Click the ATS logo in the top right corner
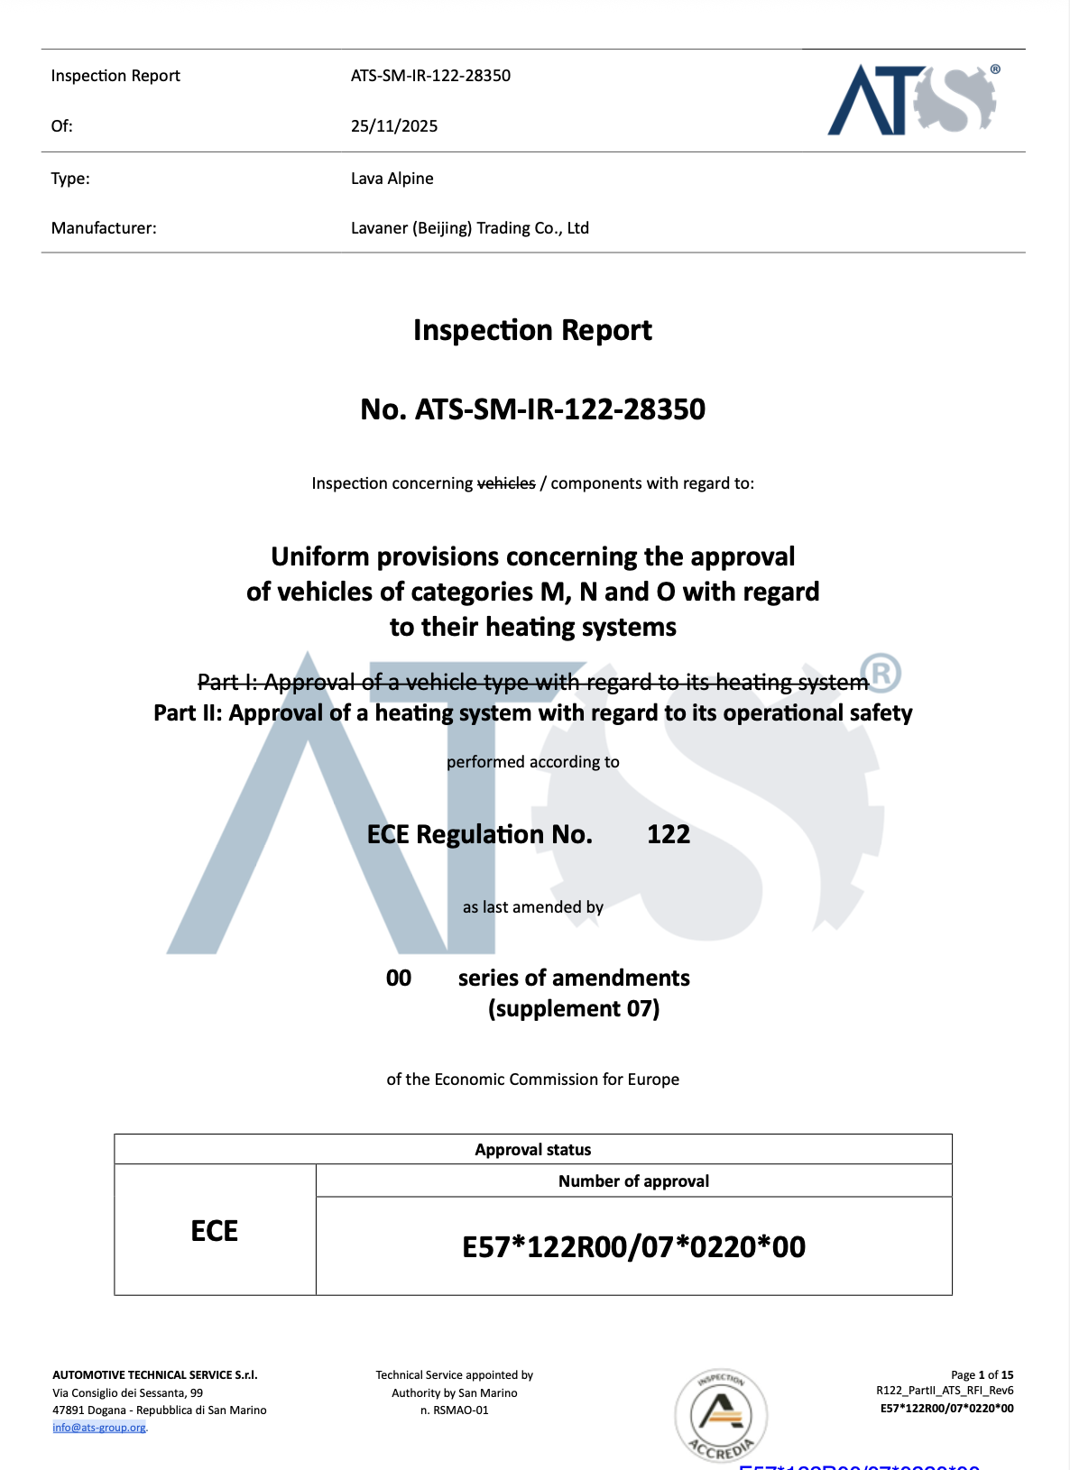[x=912, y=99]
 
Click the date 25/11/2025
[x=394, y=126]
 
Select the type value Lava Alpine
[x=392, y=179]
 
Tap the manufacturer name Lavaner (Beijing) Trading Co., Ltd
[x=469, y=228]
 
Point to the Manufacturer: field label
[x=104, y=228]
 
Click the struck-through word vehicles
[x=506, y=483]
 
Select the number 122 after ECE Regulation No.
[x=669, y=834]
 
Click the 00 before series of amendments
[x=399, y=978]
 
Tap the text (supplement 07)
[x=574, y=1008]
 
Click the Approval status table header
[x=532, y=1150]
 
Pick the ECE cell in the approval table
[x=215, y=1231]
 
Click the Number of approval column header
[x=633, y=1181]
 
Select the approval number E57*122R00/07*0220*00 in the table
[x=633, y=1247]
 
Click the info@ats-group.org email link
[x=99, y=1428]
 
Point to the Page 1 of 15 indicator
[x=982, y=1375]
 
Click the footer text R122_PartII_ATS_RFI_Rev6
[x=945, y=1391]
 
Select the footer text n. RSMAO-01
[x=455, y=1410]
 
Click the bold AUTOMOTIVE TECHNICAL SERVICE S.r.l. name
[x=155, y=1375]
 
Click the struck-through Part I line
[x=532, y=683]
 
